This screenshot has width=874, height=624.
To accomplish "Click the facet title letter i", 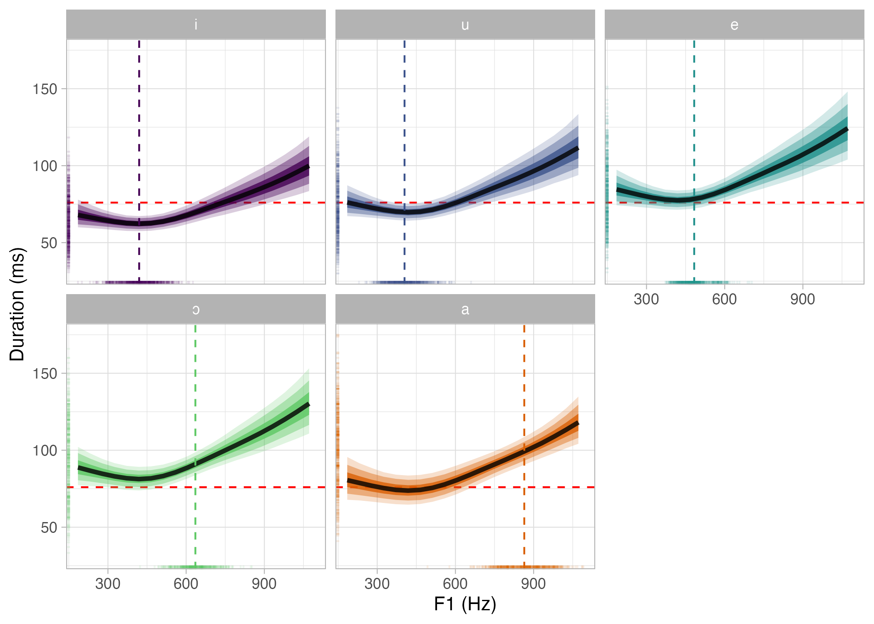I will point(196,25).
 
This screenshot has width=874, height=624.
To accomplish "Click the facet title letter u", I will point(465,25).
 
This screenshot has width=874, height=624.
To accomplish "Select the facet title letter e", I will point(734,25).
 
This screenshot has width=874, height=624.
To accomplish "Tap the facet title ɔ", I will point(196,310).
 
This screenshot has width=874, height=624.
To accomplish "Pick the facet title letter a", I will point(465,310).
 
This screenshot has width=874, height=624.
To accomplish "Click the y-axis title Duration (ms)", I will point(17,304).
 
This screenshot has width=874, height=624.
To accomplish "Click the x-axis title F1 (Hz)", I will point(465,604).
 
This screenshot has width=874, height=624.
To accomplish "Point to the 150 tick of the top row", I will point(45,89).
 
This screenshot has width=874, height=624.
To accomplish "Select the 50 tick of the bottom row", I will point(49,527).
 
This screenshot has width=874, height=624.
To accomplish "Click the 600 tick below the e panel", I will point(724,299).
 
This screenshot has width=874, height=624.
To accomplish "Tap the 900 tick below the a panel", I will point(533,584).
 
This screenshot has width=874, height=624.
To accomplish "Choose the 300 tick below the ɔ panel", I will point(108,584).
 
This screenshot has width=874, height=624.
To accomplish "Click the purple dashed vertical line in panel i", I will point(139,125).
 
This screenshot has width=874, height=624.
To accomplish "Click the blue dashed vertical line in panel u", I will point(404,125).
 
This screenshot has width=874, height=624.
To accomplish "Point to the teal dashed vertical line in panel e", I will point(694,125).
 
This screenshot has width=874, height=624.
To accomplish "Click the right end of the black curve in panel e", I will point(847,130).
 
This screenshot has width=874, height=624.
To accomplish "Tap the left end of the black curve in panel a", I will point(348,480).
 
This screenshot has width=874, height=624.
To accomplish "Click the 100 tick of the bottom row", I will point(45,451).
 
